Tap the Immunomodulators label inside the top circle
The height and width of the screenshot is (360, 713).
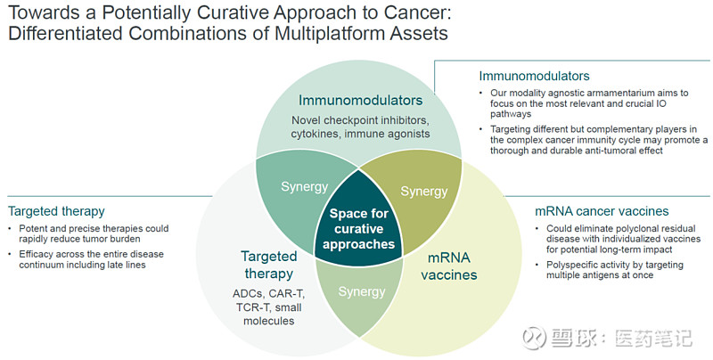click(x=360, y=100)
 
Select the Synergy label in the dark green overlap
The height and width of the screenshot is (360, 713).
click(x=305, y=186)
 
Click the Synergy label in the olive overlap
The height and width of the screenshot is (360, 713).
click(x=424, y=191)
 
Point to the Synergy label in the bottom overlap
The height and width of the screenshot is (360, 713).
click(x=362, y=291)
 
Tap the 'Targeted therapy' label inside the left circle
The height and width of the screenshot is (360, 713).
click(x=268, y=265)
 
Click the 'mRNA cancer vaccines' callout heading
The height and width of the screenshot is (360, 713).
click(x=601, y=211)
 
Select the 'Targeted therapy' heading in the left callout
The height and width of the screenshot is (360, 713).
click(x=56, y=211)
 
